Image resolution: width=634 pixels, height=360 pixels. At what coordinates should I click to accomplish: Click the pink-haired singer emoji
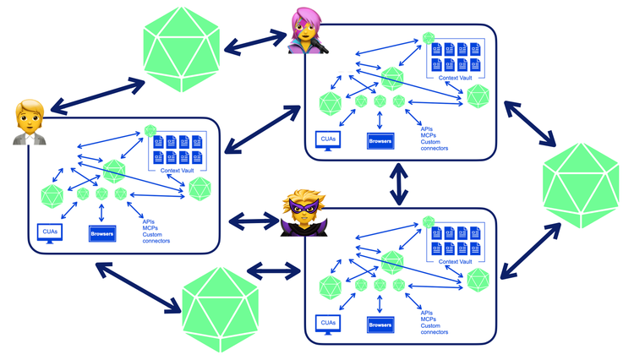point(307,30)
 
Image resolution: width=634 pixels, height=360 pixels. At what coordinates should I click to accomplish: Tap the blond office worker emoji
point(30,122)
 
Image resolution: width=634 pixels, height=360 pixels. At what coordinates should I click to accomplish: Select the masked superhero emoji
point(303,213)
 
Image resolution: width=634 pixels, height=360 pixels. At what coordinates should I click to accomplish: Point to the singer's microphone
point(320,46)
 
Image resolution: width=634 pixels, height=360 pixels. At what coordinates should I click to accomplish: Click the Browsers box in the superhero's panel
point(380,325)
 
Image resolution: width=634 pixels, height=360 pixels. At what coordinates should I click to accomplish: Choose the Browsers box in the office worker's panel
point(102,233)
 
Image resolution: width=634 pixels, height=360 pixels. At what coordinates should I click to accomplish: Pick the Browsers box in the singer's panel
point(380,141)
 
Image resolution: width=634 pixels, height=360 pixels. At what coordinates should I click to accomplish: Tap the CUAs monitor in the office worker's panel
point(50,233)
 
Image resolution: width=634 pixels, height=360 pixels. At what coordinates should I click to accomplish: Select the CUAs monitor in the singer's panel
point(328,141)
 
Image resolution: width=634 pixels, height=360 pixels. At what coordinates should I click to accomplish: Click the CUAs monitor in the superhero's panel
point(328,325)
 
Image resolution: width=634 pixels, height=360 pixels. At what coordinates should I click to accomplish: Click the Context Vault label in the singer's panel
point(456,78)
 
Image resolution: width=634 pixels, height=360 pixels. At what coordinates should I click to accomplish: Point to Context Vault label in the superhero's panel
point(456,261)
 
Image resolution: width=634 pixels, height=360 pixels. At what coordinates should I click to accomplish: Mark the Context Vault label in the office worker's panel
point(178,170)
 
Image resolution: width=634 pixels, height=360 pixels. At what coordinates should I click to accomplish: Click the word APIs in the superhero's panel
point(427,313)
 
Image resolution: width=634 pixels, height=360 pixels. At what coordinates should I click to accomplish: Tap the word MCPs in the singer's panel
point(429,135)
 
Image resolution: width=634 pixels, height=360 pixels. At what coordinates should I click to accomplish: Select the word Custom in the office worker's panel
point(152,234)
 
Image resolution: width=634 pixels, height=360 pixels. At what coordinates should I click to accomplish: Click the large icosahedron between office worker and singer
point(182,49)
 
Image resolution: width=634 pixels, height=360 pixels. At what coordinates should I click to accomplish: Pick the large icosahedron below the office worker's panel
point(221,309)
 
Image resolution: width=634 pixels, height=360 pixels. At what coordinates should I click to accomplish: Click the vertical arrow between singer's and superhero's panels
point(399,184)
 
